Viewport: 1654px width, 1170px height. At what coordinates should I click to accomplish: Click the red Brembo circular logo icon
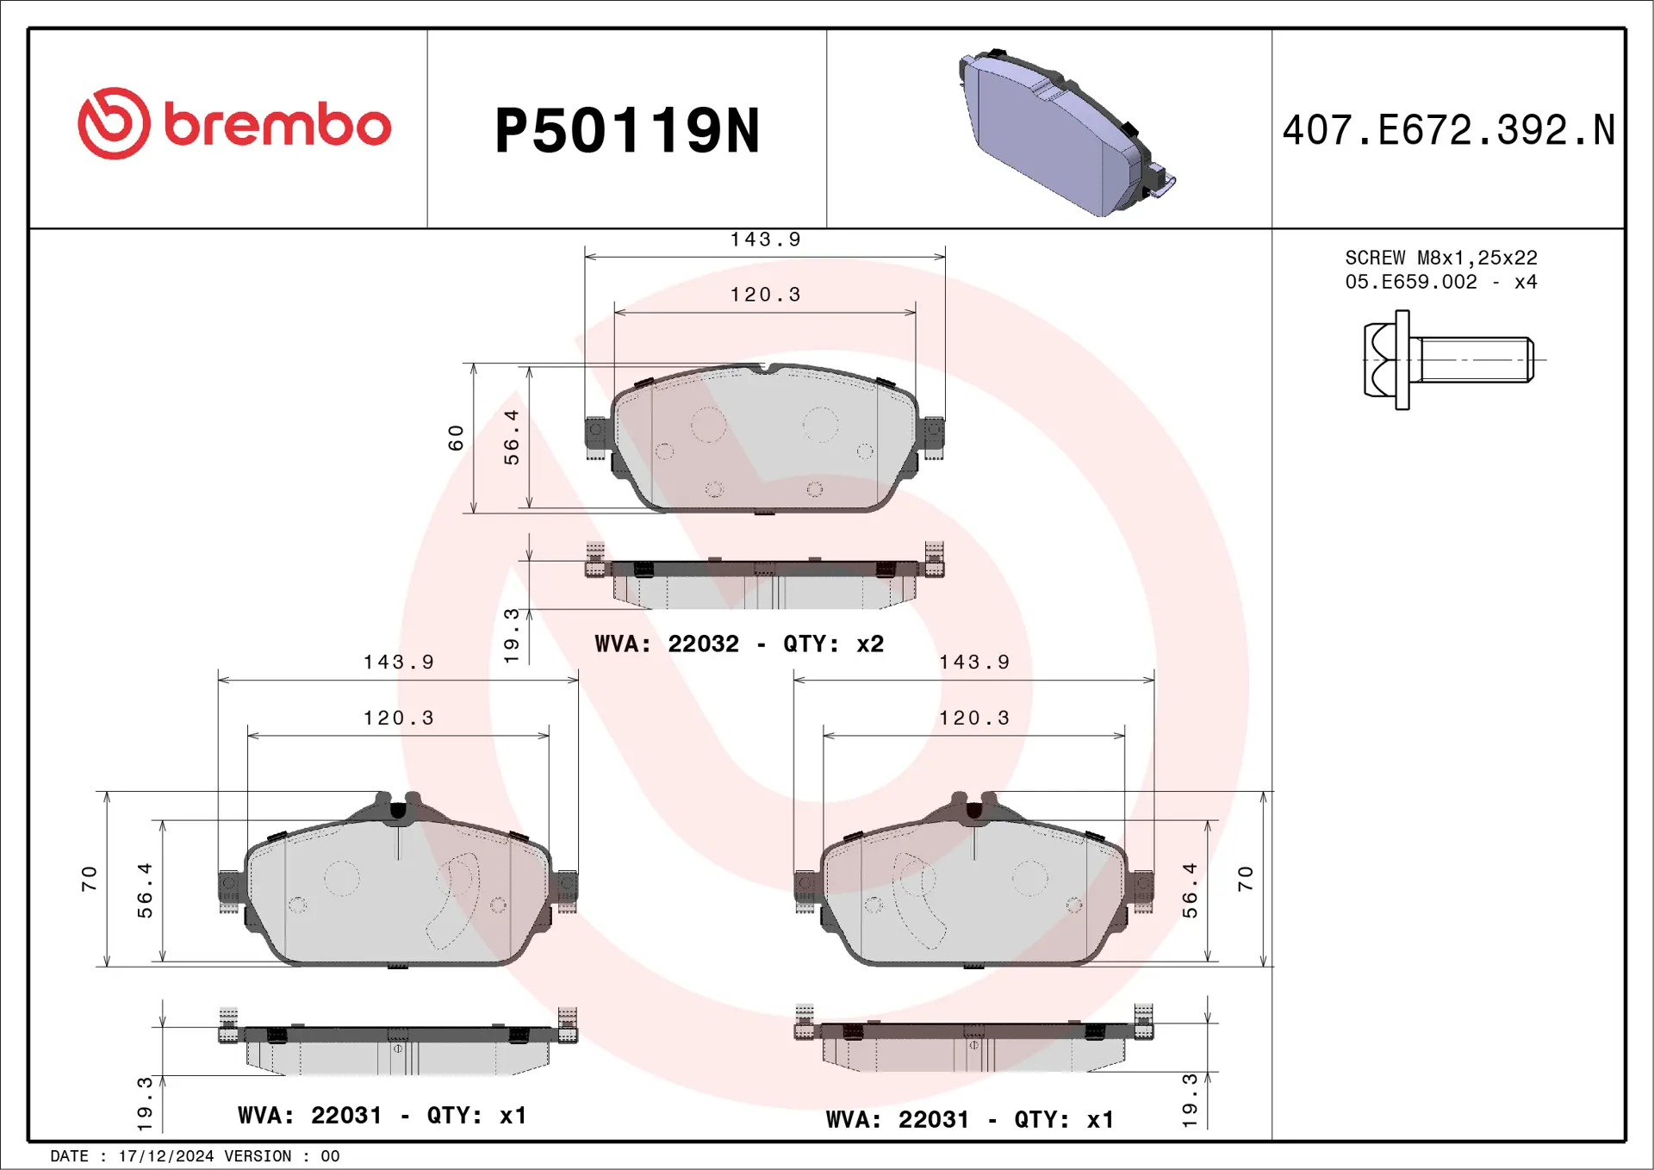(x=114, y=123)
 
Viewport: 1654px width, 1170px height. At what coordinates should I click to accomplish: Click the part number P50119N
(x=626, y=131)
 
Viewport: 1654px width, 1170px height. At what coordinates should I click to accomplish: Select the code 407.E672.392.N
(x=1448, y=131)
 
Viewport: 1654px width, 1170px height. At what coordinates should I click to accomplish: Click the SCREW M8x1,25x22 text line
(x=1440, y=258)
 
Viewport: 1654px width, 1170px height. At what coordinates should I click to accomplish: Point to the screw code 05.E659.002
(x=1410, y=282)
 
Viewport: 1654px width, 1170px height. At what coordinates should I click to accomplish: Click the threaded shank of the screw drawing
(x=1475, y=360)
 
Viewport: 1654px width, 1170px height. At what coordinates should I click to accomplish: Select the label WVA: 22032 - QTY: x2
(x=739, y=644)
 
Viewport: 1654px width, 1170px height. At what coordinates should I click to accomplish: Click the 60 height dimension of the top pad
(x=456, y=438)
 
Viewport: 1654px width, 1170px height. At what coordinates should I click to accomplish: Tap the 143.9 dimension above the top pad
(x=765, y=240)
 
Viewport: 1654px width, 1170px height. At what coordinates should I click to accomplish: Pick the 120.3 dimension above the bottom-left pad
(x=398, y=718)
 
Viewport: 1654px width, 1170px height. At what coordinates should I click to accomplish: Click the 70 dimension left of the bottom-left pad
(x=89, y=879)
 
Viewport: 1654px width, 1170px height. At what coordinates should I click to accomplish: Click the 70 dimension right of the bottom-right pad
(x=1245, y=879)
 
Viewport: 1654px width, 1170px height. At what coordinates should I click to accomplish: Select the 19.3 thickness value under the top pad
(x=512, y=635)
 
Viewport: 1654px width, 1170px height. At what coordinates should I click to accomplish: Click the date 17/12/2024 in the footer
(x=165, y=1156)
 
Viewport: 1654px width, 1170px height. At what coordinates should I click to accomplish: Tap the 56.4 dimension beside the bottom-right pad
(x=1190, y=891)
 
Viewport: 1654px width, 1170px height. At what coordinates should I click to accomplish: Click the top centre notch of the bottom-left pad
(x=397, y=810)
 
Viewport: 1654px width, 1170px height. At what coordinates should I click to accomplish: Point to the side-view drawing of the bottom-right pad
(x=973, y=1042)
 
